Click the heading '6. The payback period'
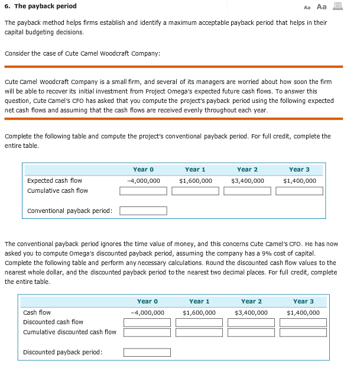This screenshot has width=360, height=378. point(40,7)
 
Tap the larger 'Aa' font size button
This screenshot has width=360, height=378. point(322,7)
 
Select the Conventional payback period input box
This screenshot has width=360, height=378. point(143,211)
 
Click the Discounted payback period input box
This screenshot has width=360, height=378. point(147,353)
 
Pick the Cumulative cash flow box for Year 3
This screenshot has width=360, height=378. point(300,191)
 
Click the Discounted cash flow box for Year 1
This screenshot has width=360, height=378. point(199,322)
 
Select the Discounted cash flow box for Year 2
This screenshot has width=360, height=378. point(251,322)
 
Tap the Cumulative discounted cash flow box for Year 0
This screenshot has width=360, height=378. point(147,332)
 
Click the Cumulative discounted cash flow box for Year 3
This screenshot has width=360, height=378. point(303,332)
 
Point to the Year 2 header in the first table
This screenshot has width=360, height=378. point(247,169)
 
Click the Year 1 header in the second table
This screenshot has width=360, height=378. point(199,301)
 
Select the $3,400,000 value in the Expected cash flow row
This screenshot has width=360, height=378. point(247,180)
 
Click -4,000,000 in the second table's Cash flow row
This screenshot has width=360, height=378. point(147,312)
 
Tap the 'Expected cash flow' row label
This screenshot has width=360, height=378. point(54,180)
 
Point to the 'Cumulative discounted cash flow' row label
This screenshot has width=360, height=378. point(69,332)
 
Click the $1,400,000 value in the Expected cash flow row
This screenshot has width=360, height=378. point(300,180)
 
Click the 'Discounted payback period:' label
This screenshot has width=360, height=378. point(62,353)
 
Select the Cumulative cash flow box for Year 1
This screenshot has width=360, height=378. point(195,191)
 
